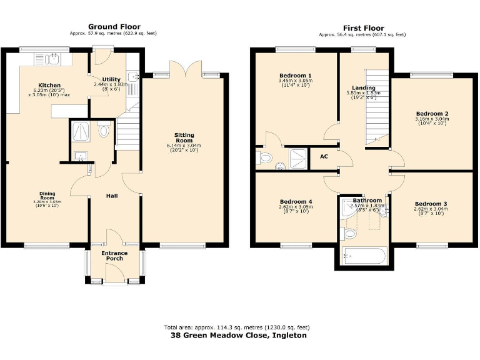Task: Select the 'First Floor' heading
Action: click(x=363, y=27)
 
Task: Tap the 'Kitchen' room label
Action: click(x=49, y=85)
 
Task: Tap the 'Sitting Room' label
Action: click(x=184, y=137)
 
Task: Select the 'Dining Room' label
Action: click(x=47, y=196)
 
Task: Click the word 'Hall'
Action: click(x=112, y=196)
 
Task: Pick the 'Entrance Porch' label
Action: click(x=114, y=256)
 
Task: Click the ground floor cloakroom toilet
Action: click(x=104, y=132)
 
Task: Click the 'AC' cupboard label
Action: click(x=324, y=157)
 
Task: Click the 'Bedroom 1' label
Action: click(x=296, y=75)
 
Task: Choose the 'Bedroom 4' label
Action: click(x=296, y=202)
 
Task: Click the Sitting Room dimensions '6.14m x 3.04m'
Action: click(x=184, y=146)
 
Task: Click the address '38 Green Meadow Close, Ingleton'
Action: click(x=239, y=335)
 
